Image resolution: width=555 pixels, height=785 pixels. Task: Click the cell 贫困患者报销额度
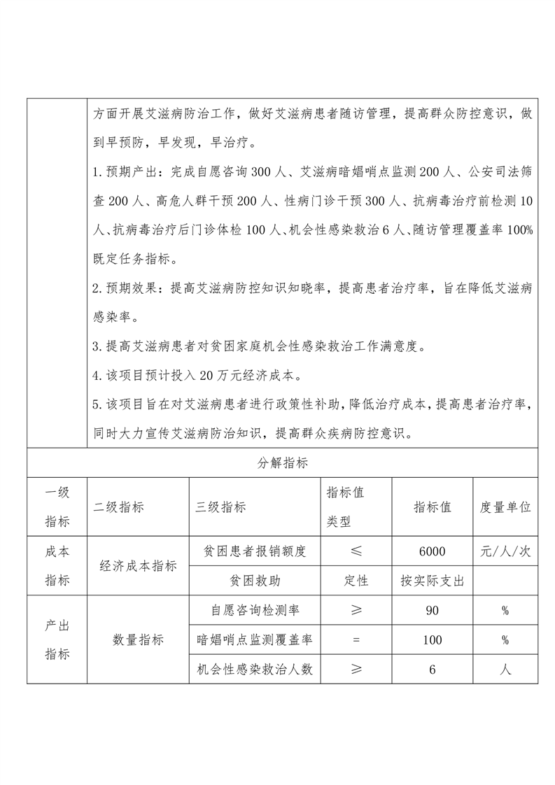[253, 551]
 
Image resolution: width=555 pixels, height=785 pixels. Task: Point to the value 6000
[432, 551]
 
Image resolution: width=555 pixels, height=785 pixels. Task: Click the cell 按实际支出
[432, 581]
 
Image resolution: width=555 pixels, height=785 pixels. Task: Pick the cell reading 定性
[356, 581]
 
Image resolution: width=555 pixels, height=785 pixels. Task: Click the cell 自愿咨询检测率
[253, 611]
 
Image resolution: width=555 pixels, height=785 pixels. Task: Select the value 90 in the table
[432, 611]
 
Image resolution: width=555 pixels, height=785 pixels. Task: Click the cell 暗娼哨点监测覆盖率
[253, 640]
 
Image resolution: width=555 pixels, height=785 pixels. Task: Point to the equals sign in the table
[356, 640]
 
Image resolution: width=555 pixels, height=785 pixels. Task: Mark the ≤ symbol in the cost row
[356, 551]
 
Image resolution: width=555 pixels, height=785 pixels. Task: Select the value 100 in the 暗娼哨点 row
[432, 640]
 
